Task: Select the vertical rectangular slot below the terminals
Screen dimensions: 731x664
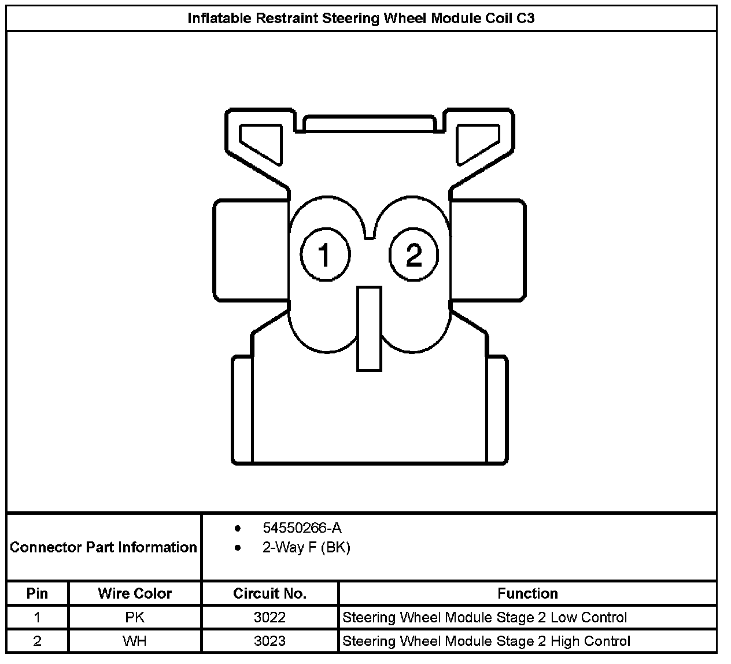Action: pos(369,329)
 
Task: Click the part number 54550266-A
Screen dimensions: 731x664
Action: pos(302,527)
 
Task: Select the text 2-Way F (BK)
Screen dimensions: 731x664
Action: pos(306,547)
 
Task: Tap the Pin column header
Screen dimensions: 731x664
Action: pos(37,593)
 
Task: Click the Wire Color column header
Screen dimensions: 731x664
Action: pos(135,593)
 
